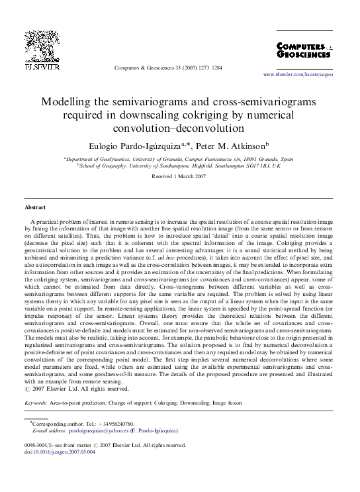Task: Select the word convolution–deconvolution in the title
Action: (x=179, y=128)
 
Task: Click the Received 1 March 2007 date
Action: (x=179, y=177)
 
